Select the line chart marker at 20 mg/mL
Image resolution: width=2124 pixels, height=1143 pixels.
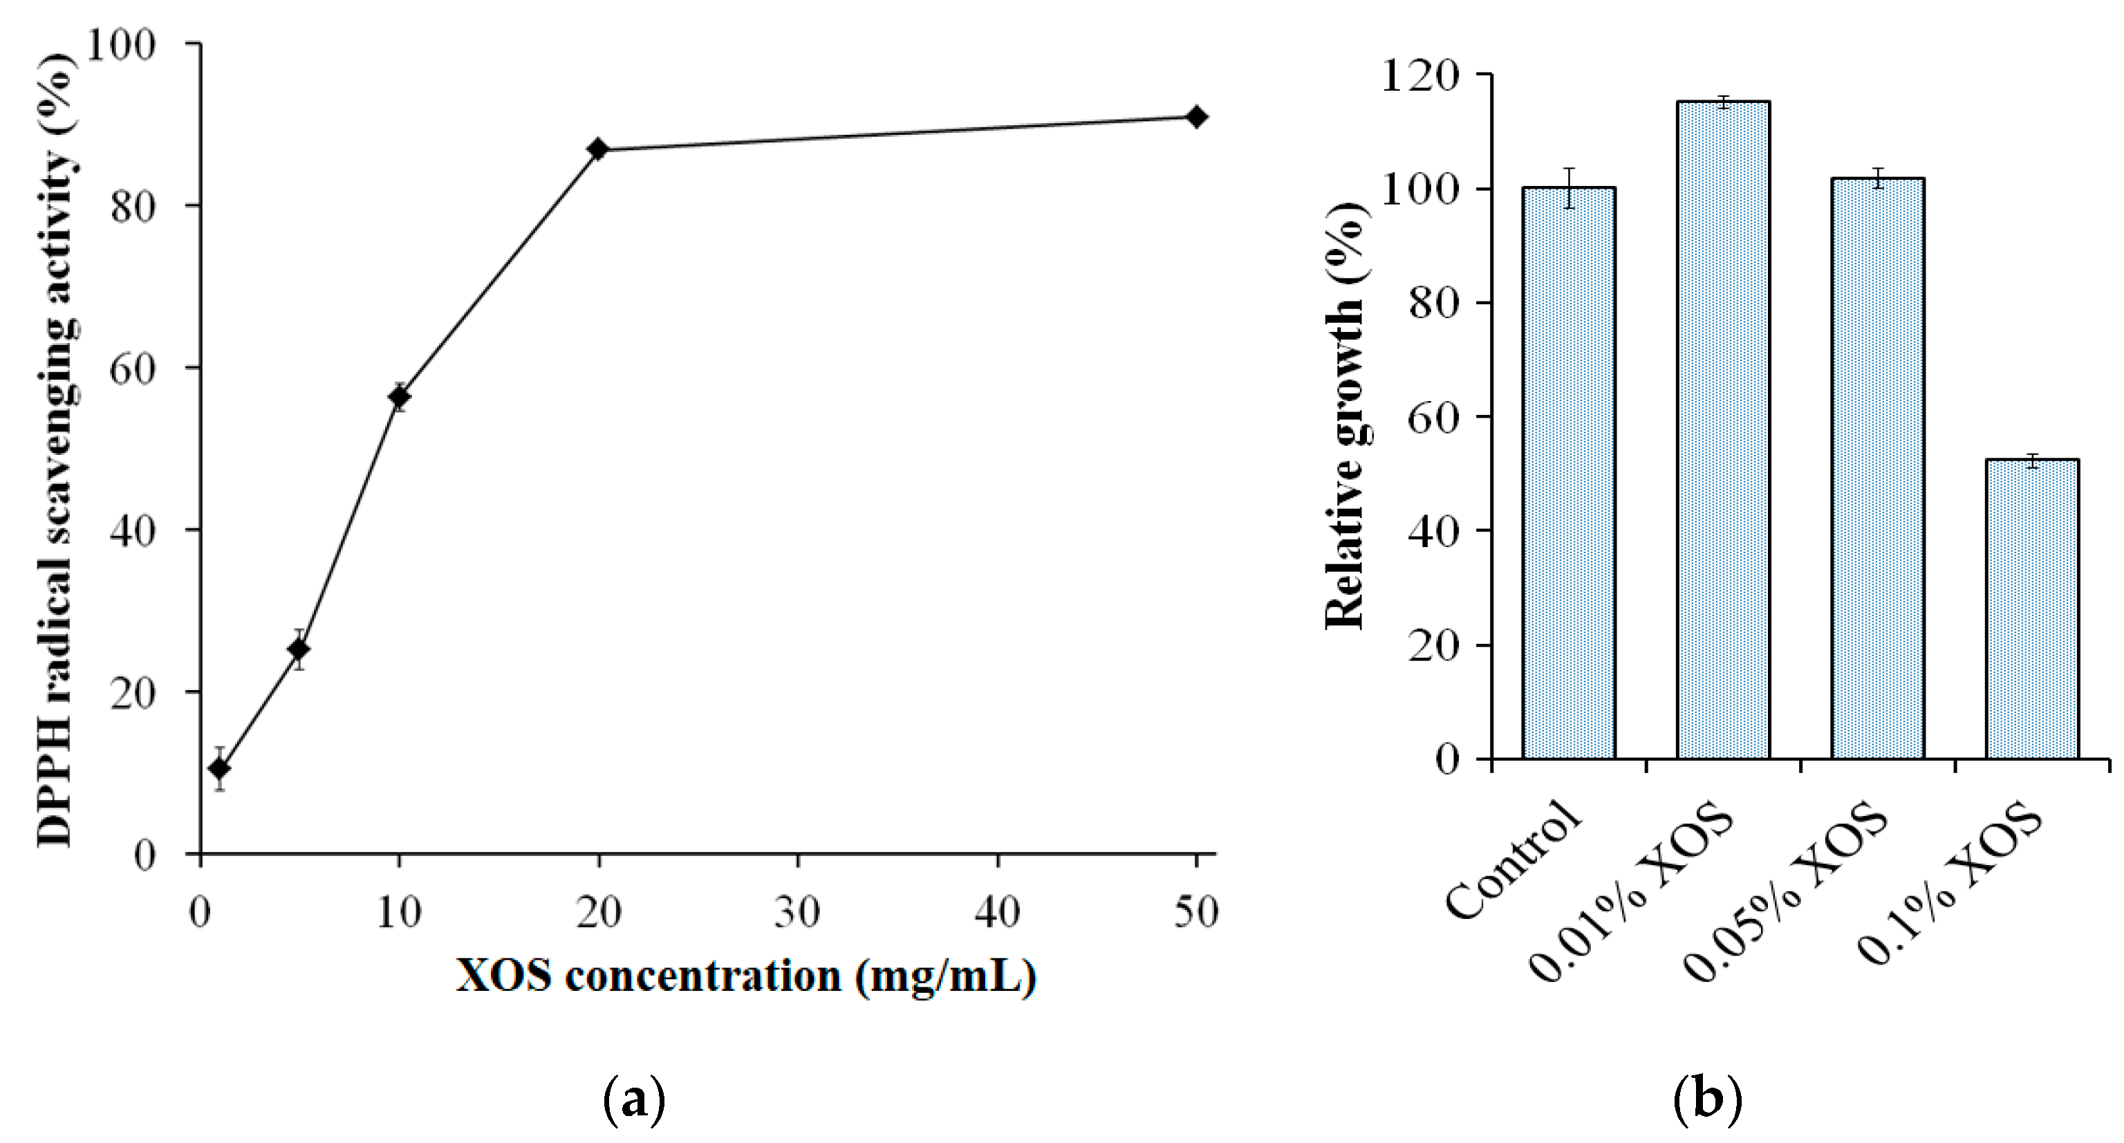[x=599, y=149]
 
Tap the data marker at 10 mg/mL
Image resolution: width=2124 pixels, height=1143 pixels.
[x=399, y=398]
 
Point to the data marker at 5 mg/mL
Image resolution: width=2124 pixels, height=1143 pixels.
[x=299, y=650]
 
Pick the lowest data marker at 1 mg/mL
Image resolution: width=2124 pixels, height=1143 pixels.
[x=219, y=769]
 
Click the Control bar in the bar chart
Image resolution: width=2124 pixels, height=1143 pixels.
[x=1568, y=474]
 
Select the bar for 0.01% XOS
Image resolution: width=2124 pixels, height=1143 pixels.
[x=1722, y=429]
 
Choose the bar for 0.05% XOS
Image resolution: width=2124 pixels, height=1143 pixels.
[x=1877, y=467]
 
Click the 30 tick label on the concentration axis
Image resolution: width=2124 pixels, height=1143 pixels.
[x=798, y=912]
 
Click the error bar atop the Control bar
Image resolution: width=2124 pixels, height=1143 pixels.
[x=1568, y=187]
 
